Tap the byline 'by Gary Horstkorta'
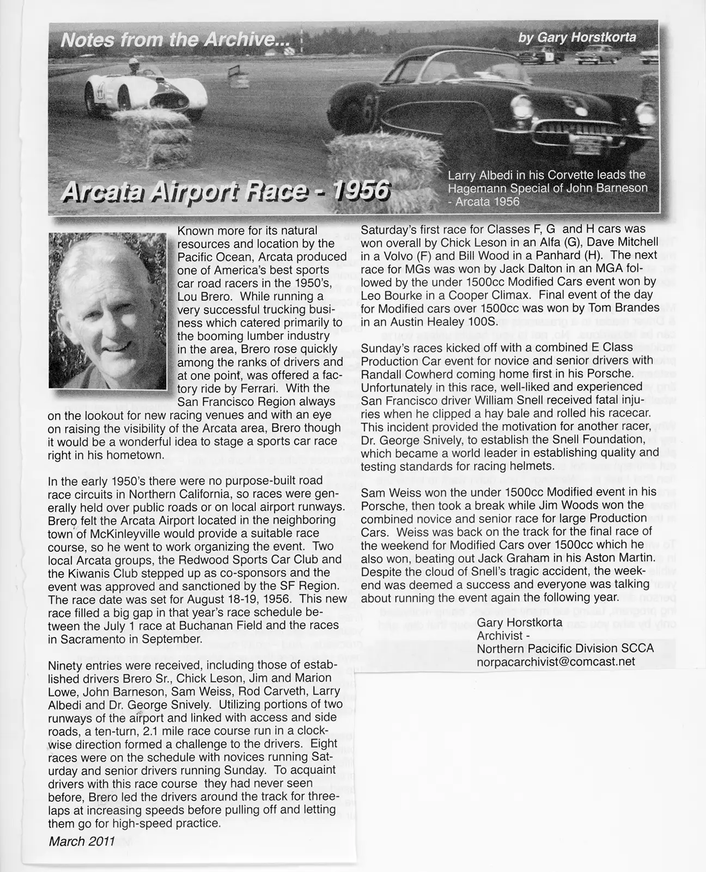click(x=577, y=37)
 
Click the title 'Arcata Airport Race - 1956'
click(x=226, y=191)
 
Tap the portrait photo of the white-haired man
click(x=107, y=311)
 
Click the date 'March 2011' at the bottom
click(x=82, y=841)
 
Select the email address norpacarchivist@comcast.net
click(x=556, y=661)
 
